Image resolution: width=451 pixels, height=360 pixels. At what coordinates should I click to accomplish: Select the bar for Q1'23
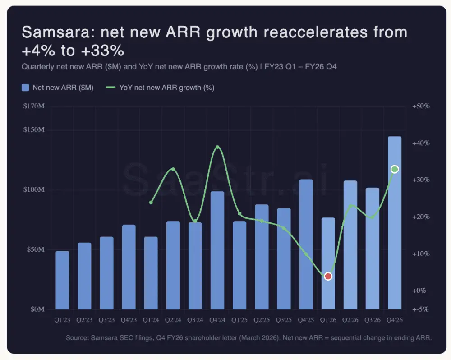point(62,280)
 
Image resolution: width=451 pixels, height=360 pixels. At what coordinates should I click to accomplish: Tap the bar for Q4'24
point(217,250)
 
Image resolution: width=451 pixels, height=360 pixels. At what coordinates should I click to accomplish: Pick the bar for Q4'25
point(306,244)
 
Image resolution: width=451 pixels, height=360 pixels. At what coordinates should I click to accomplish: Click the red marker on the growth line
point(328,276)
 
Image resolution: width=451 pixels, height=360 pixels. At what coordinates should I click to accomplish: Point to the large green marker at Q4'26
point(395,169)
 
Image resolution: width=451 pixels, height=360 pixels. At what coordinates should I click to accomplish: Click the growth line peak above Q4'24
point(217,147)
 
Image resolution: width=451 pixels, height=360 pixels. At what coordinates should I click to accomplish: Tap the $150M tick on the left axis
point(34,130)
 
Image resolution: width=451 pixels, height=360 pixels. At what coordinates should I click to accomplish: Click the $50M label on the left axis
point(35,249)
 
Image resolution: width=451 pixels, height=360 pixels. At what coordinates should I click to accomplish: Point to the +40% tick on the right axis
point(421,143)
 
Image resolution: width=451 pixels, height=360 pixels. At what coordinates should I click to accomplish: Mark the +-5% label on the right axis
point(421,309)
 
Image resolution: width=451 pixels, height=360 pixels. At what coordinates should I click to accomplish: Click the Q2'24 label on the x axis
point(173,320)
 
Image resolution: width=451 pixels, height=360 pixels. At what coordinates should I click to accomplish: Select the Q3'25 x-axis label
point(284,320)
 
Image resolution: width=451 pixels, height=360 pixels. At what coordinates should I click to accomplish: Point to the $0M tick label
point(37,309)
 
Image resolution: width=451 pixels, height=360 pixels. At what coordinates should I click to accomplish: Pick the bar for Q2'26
point(350,246)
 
